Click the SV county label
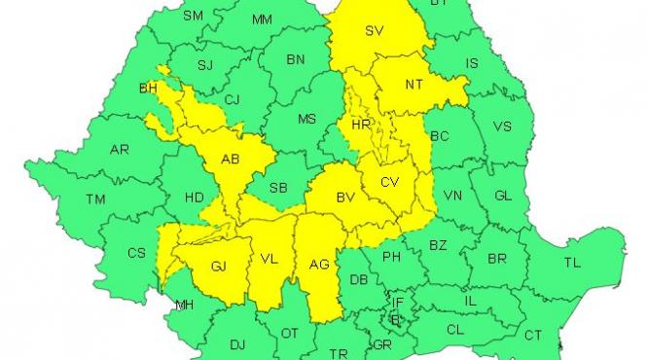click(x=374, y=31)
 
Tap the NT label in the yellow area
click(x=414, y=85)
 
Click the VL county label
click(x=270, y=261)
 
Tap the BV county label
click(x=344, y=198)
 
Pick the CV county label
click(x=390, y=182)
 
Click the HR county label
click(x=362, y=126)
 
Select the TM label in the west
click(x=95, y=199)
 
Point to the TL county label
click(x=572, y=263)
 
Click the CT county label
click(x=533, y=335)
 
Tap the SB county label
click(x=278, y=188)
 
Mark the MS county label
click(x=307, y=120)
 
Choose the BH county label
click(x=148, y=89)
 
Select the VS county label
click(x=502, y=126)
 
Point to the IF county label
click(x=398, y=303)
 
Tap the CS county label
click(x=136, y=253)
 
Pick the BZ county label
click(x=438, y=245)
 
